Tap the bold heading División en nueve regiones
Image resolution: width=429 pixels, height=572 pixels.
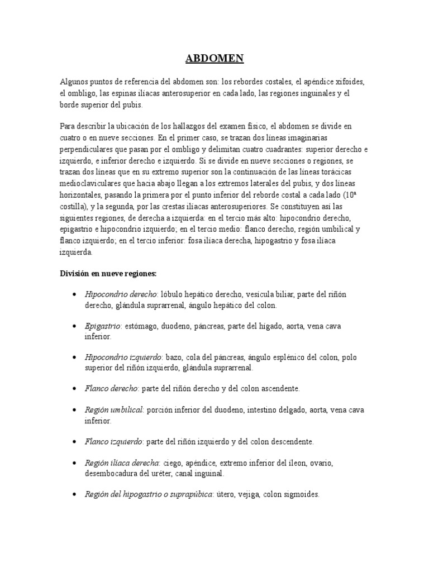pyautogui.click(x=108, y=273)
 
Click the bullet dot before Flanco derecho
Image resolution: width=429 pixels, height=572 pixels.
pyautogui.click(x=75, y=388)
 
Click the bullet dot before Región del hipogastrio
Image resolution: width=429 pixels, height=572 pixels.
pyautogui.click(x=75, y=495)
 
